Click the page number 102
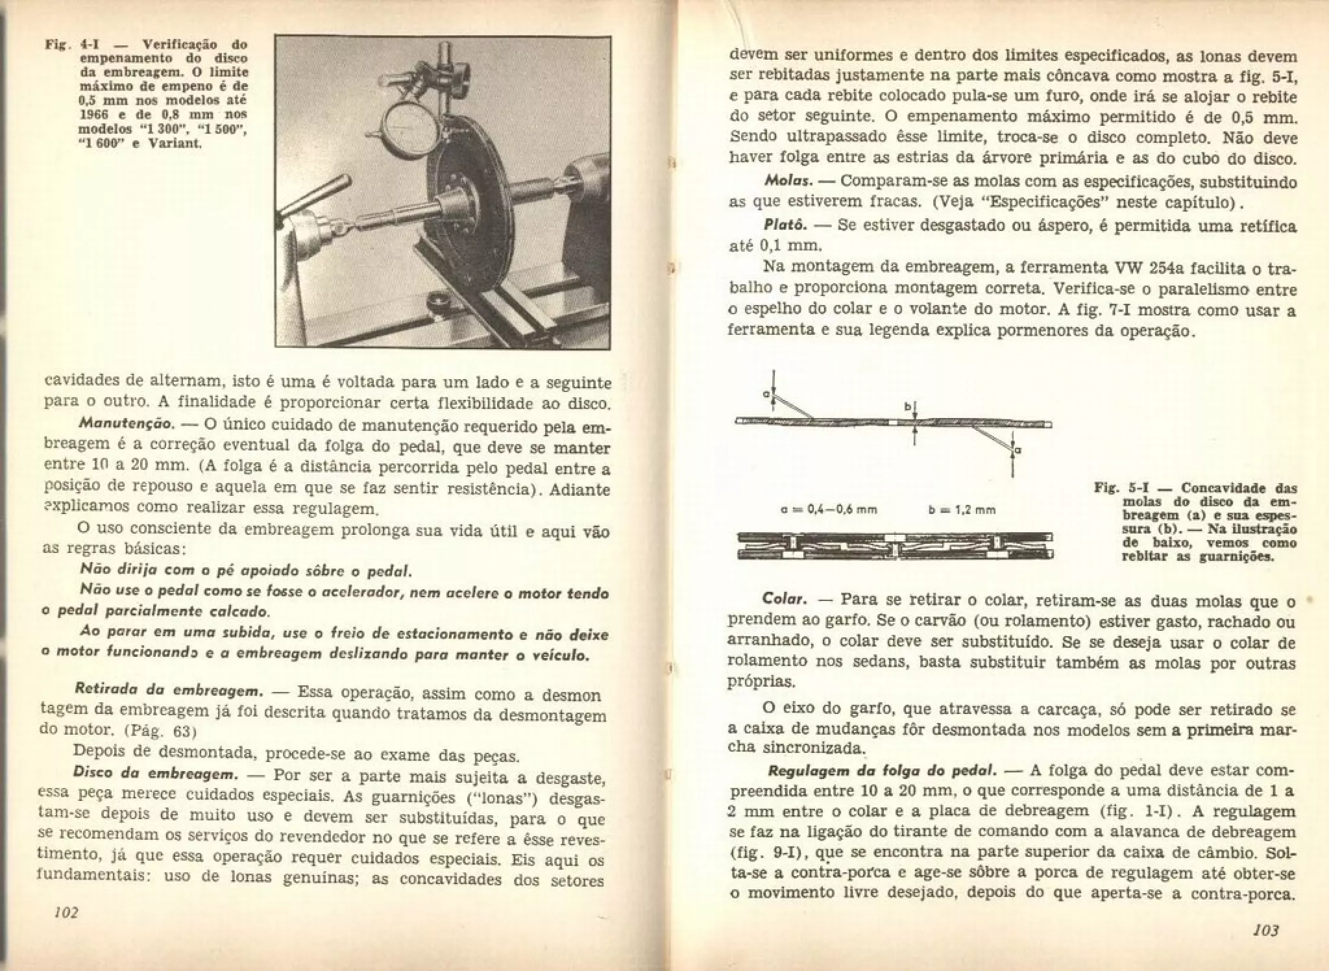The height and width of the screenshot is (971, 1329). [x=66, y=913]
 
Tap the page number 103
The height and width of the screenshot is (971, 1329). [x=1265, y=930]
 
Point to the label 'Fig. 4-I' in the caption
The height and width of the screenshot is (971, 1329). [x=66, y=45]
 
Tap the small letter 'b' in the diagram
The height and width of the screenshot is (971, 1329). [x=909, y=408]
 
